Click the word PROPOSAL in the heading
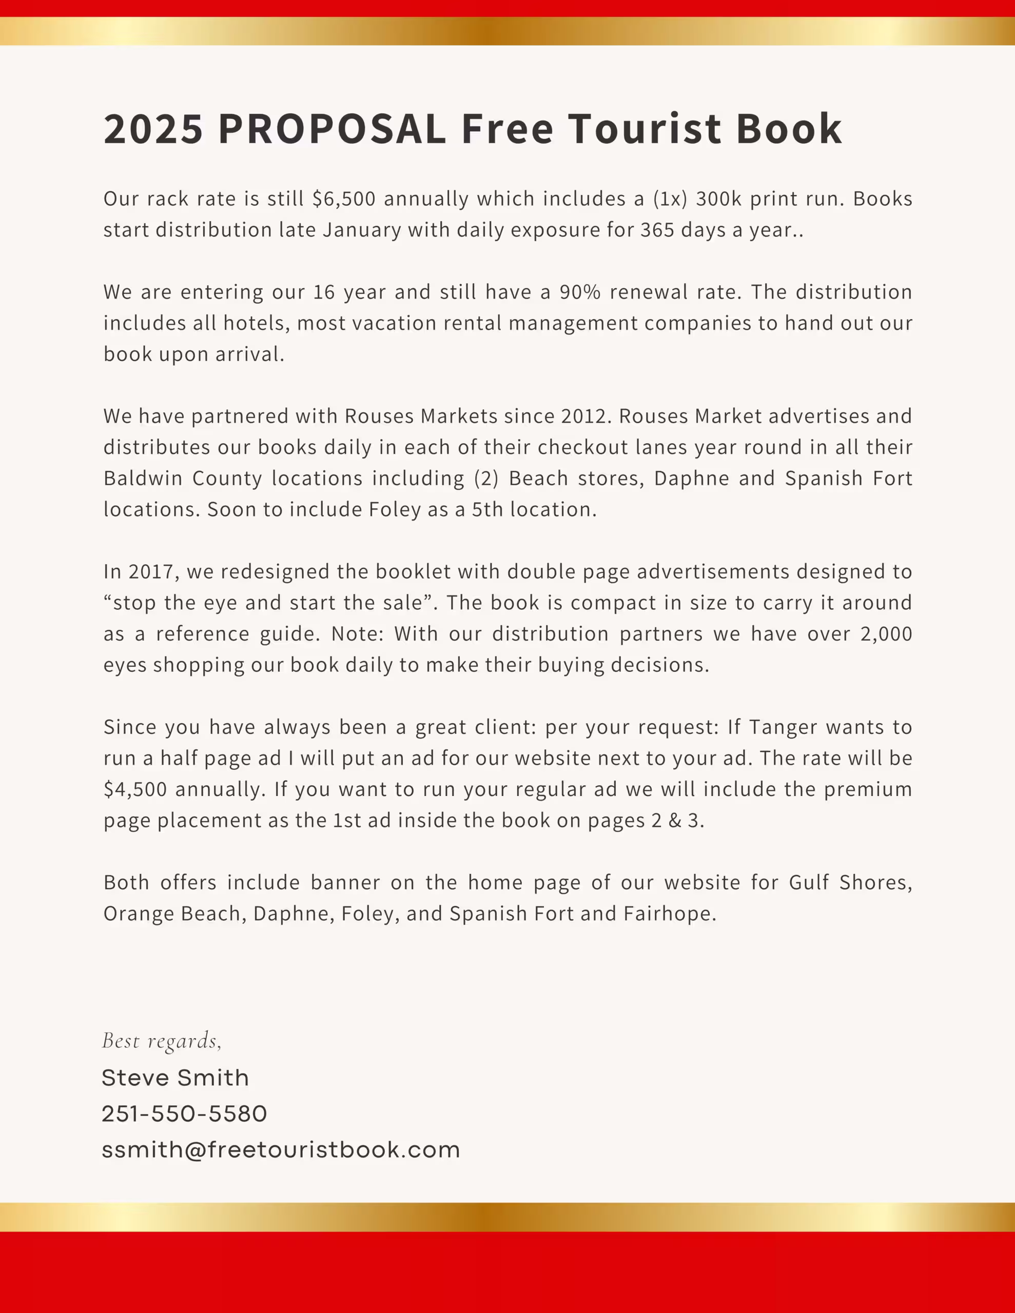pyautogui.click(x=331, y=129)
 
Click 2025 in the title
pyautogui.click(x=153, y=129)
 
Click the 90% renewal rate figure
pyautogui.click(x=580, y=292)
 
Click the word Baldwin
pyautogui.click(x=143, y=479)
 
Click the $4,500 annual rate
pyautogui.click(x=135, y=790)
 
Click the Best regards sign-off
pyautogui.click(x=162, y=1041)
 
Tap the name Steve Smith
pyautogui.click(x=175, y=1078)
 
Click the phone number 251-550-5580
pyautogui.click(x=184, y=1114)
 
